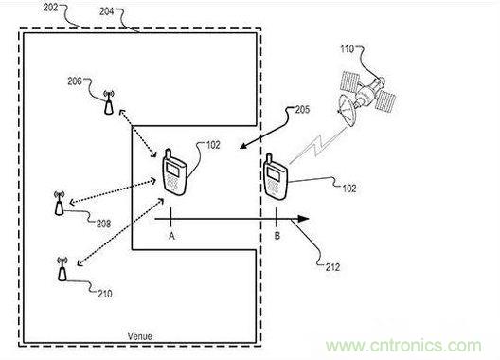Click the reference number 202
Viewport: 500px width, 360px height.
click(x=51, y=8)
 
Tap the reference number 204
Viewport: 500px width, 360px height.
click(x=107, y=11)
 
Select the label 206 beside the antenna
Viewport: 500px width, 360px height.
click(x=75, y=81)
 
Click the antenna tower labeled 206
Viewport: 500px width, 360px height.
click(x=109, y=102)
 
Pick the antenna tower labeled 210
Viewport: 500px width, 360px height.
click(x=62, y=269)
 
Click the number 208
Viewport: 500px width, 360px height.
click(x=103, y=224)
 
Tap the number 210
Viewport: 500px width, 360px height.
click(x=105, y=294)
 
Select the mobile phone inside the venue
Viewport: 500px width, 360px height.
click(x=174, y=172)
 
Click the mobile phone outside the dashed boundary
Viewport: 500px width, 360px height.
click(x=276, y=176)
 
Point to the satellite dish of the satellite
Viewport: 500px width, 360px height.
click(x=347, y=110)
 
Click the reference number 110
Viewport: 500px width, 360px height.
click(x=348, y=49)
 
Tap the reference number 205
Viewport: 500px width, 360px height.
click(x=302, y=110)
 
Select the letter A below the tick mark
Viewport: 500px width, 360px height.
click(x=172, y=236)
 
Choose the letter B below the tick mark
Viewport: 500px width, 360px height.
click(x=277, y=236)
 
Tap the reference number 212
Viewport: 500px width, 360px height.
click(x=332, y=267)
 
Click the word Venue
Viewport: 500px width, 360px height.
click(x=139, y=336)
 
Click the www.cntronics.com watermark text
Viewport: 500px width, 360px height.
click(x=403, y=346)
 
